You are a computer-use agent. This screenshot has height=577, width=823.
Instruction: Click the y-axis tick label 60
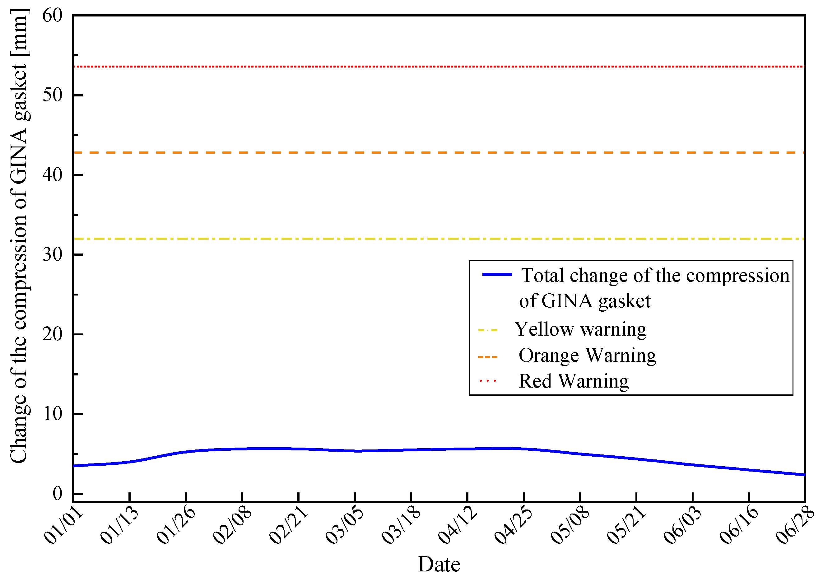click(x=52, y=16)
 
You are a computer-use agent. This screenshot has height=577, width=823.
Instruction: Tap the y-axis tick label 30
click(x=52, y=255)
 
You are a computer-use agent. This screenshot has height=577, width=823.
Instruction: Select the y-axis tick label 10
click(x=52, y=414)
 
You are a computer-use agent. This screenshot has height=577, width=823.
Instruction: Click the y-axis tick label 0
click(x=57, y=494)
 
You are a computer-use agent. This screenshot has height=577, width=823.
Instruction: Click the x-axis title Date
click(x=439, y=564)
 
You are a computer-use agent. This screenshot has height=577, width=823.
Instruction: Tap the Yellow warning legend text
click(x=580, y=329)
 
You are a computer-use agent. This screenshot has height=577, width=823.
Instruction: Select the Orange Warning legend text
click(x=587, y=355)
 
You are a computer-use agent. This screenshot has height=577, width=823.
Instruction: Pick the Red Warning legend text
click(x=574, y=381)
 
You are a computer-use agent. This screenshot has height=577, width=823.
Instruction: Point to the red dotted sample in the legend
click(x=488, y=381)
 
